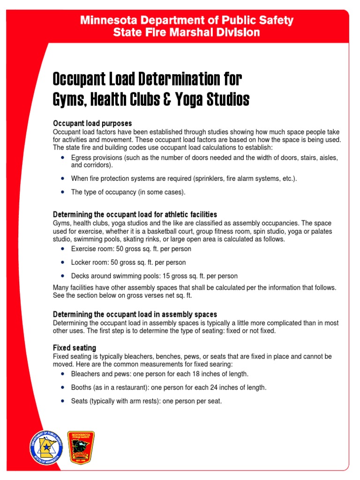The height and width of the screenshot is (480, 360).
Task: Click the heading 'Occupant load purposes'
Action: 92,123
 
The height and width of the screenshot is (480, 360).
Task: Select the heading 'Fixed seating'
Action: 75,348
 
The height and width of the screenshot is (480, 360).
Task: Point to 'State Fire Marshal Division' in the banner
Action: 187,32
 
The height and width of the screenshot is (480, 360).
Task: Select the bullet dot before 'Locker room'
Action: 62,262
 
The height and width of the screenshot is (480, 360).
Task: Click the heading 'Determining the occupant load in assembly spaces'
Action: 135,314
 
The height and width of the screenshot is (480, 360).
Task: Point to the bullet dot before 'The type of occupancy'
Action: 62,192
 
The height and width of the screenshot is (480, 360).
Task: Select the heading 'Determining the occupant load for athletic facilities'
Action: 135,214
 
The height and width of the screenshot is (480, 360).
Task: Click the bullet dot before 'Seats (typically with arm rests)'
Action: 62,401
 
